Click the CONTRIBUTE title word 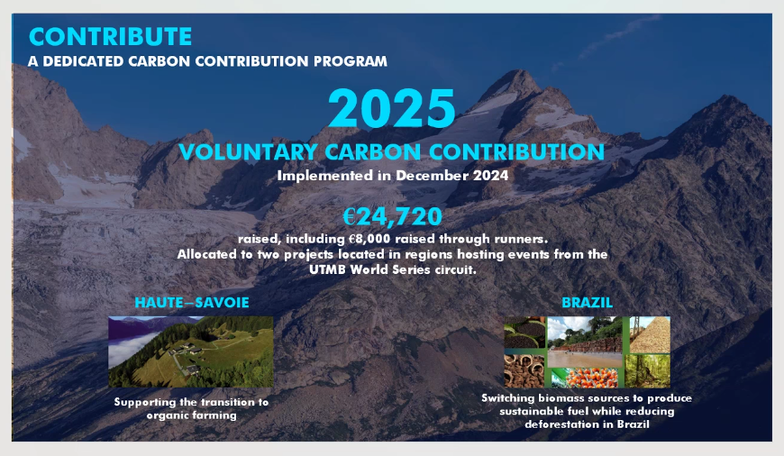[x=110, y=37]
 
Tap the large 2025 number [x=391, y=108]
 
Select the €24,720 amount [x=393, y=216]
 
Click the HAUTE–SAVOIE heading [x=192, y=303]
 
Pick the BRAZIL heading [x=587, y=303]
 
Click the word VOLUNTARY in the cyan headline [x=248, y=152]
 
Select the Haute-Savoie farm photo [x=191, y=352]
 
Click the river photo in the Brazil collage [x=586, y=342]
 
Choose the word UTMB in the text [x=327, y=269]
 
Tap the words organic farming [x=192, y=415]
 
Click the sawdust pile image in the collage [x=650, y=334]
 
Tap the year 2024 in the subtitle [x=491, y=176]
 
